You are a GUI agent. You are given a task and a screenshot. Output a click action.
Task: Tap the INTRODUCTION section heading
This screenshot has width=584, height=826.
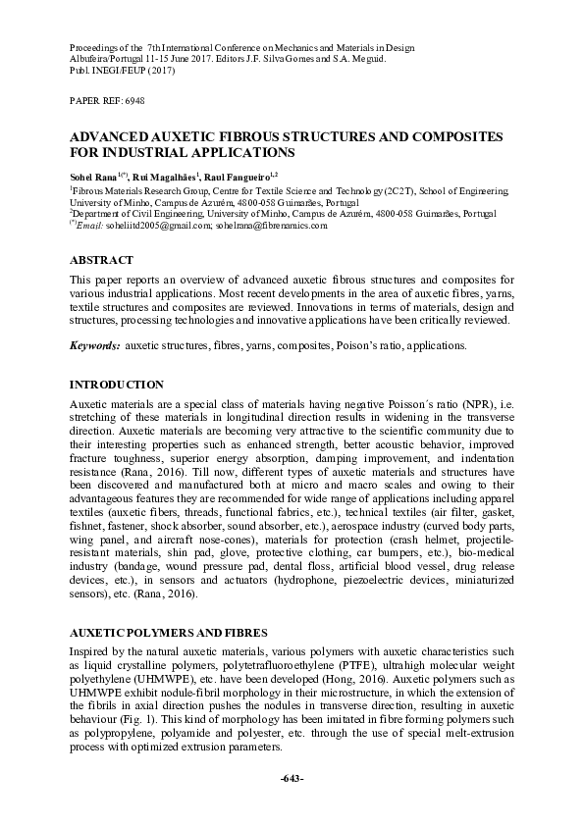pos(117,384)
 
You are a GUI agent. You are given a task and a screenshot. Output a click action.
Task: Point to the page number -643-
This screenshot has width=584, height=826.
pos(292,778)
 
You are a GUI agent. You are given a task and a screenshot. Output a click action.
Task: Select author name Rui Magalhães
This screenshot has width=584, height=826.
pos(167,175)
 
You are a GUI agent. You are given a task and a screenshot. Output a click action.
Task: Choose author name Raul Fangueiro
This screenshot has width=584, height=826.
pos(245,175)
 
